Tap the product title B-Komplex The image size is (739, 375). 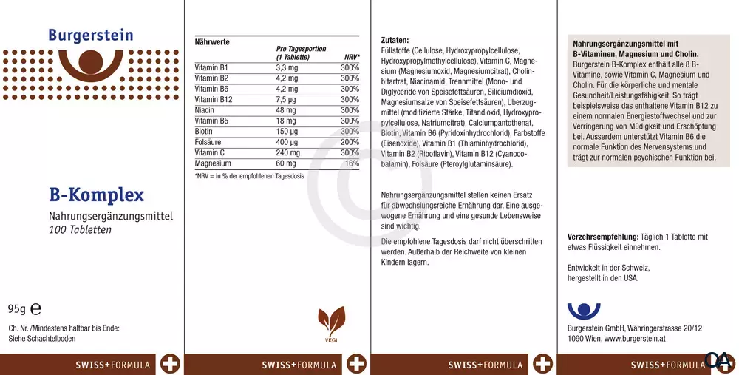click(x=96, y=195)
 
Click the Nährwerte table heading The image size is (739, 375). click(x=211, y=42)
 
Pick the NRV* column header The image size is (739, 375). click(x=352, y=57)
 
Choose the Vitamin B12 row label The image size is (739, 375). click(x=213, y=99)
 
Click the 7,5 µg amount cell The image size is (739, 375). click(x=287, y=99)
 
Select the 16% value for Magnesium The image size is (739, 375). click(x=352, y=163)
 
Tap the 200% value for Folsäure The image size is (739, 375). click(x=350, y=142)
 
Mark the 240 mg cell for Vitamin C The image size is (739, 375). click(x=287, y=152)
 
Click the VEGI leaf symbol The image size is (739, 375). click(x=331, y=321)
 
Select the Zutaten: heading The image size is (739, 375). click(x=395, y=40)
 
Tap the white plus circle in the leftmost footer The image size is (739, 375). click(x=169, y=364)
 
